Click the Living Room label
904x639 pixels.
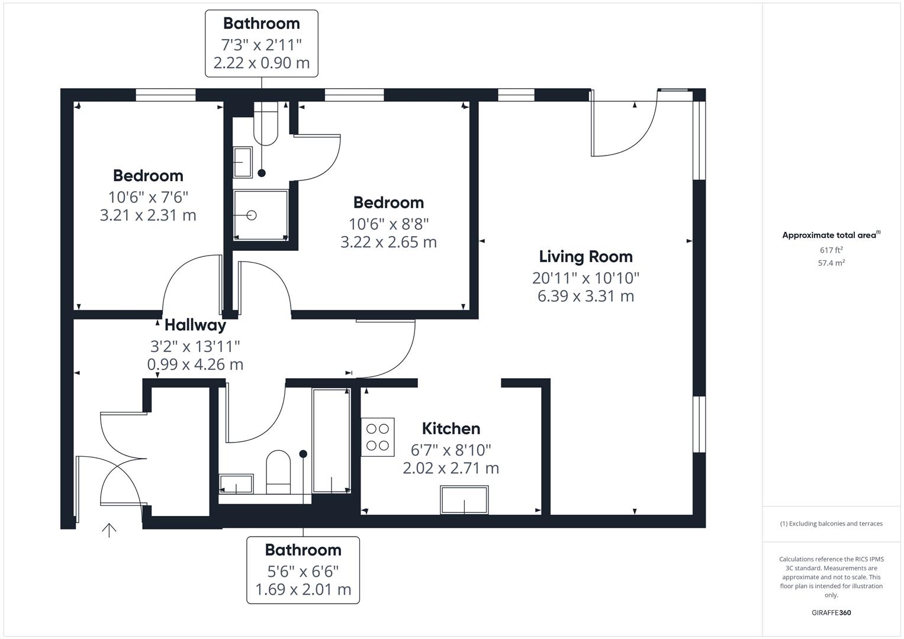point(585,257)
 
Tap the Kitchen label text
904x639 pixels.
point(451,428)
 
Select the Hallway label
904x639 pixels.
point(195,325)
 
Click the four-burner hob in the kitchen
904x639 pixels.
point(377,437)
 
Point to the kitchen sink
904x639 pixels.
point(464,500)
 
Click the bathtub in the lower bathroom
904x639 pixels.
point(331,440)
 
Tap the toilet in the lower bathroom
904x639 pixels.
point(278,472)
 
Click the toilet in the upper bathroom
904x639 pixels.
point(265,124)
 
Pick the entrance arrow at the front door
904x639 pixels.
point(109,530)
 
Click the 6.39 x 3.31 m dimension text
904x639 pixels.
point(585,296)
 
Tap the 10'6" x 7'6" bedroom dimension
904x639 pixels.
point(148,196)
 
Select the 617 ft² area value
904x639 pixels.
point(831,250)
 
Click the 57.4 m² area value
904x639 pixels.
point(831,263)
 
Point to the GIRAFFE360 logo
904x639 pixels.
point(831,612)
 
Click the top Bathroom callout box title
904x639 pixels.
point(261,24)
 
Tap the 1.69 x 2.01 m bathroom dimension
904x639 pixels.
point(303,589)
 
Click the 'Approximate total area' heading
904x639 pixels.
point(831,235)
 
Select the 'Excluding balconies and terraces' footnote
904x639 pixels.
point(831,524)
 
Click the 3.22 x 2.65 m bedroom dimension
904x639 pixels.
point(388,242)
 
